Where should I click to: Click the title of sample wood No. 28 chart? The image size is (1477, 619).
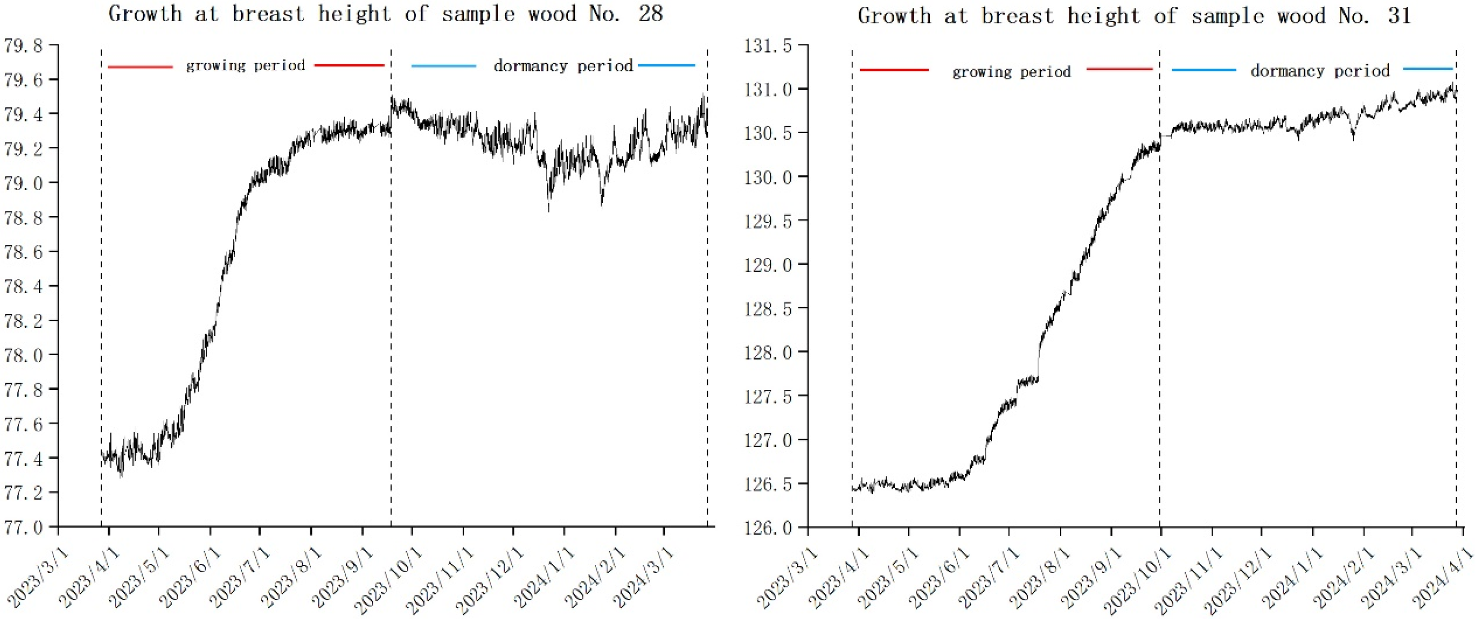coord(385,14)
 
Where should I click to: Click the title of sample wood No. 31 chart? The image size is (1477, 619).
coord(1134,15)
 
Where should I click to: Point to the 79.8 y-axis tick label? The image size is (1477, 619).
coord(24,46)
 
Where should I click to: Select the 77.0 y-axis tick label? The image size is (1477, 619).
coord(24,527)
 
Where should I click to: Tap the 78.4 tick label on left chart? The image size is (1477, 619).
coord(24,286)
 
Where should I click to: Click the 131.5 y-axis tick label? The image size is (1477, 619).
coord(767,46)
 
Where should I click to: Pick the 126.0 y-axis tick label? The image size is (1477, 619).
coord(767,527)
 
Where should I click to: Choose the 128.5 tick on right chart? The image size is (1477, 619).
coord(767,309)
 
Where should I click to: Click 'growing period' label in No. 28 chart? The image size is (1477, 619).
coord(246,66)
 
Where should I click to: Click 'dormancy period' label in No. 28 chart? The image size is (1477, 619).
coord(563,66)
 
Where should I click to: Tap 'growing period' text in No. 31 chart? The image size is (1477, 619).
coord(1011,71)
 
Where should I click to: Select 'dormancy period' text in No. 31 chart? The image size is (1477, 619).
coord(1320,70)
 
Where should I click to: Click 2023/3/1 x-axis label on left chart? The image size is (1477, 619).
coord(39,579)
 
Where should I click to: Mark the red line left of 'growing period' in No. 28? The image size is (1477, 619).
coord(141,67)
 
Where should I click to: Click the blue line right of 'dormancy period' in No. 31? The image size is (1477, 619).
coord(1428,69)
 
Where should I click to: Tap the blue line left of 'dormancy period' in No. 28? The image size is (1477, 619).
coord(444,67)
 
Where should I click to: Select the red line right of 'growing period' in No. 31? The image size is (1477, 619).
coord(1119,69)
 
